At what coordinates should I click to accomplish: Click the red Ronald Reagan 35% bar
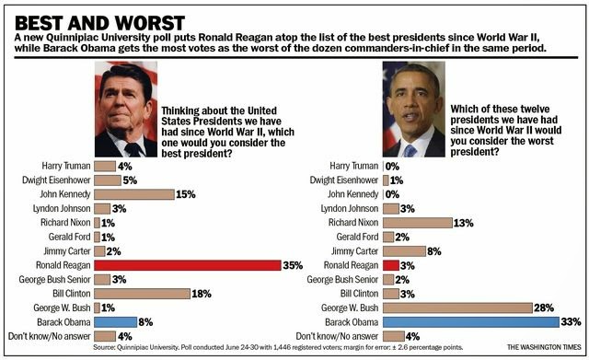tap(188, 265)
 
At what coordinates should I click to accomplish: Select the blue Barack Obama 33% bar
tap(471, 322)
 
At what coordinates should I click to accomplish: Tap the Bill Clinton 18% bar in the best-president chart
tap(142, 294)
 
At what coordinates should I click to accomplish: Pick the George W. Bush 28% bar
tap(457, 308)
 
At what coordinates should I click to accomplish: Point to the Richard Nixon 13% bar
tap(417, 223)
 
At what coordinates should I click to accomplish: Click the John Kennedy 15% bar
tap(134, 194)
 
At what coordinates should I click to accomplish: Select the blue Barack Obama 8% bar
tap(115, 322)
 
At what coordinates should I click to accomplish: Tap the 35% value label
tap(293, 265)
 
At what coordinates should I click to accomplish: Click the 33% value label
tap(571, 322)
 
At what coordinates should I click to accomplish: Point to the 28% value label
tap(544, 308)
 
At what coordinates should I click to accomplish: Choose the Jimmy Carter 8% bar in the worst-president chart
tap(404, 251)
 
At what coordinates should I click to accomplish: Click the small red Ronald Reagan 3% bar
tap(390, 265)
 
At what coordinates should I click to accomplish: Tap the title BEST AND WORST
tap(99, 23)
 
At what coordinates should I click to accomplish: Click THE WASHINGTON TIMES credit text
tap(544, 347)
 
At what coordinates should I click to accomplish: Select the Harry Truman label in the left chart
tap(66, 166)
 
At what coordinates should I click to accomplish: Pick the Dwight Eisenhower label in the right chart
tap(343, 180)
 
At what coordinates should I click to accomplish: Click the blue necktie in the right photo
tap(410, 151)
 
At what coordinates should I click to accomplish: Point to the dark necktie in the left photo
tap(133, 149)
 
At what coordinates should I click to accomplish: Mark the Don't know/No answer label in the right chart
tap(337, 336)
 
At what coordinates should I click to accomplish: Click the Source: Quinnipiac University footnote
tap(278, 347)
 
